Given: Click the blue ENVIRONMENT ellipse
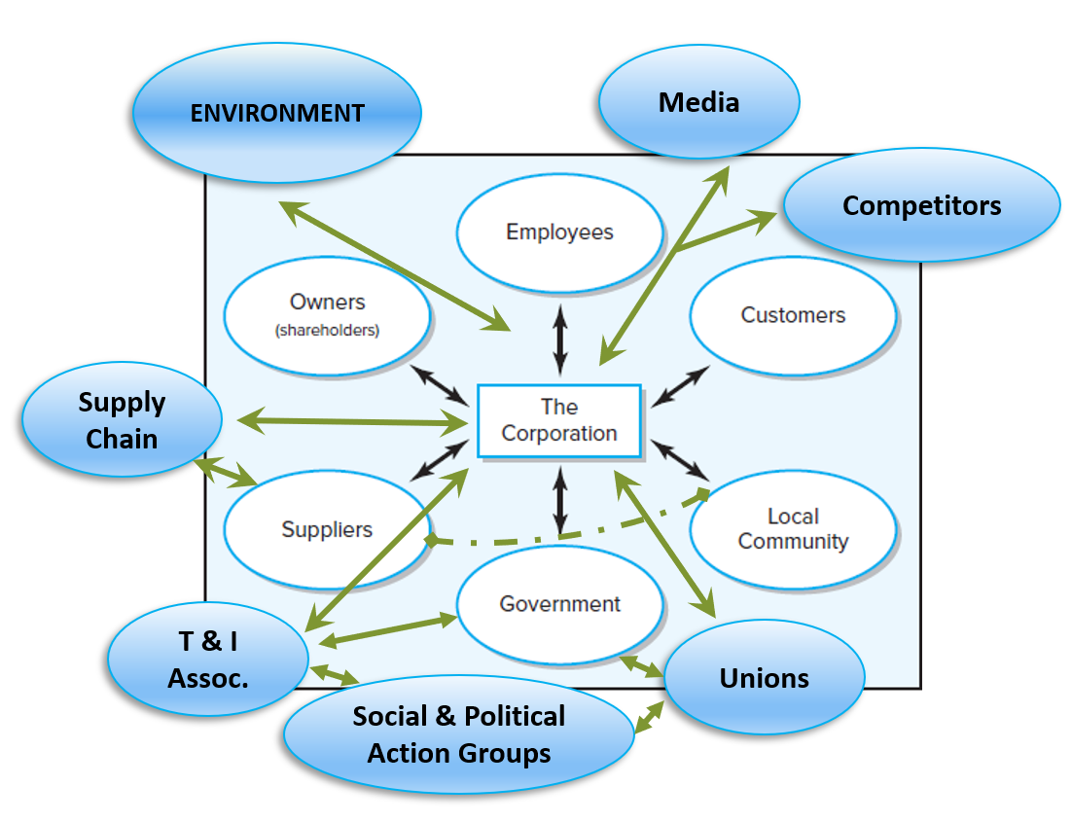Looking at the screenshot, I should tap(277, 113).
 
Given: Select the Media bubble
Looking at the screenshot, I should tap(698, 102).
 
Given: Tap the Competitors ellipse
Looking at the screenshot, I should tap(921, 205).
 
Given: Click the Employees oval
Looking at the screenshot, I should tap(559, 232).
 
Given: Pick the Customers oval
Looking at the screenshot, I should tap(793, 315).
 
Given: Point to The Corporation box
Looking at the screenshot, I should tap(558, 421).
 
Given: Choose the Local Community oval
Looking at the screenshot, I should tap(793, 529).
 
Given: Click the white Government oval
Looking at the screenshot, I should tap(559, 604).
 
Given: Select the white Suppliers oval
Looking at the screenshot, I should tap(327, 530).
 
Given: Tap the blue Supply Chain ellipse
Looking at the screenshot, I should tap(122, 421).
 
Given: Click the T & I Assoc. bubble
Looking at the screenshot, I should tap(207, 660).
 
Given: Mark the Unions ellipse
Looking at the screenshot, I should tap(764, 678).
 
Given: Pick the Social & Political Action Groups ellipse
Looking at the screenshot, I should tap(458, 735).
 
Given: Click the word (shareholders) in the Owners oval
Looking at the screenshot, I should tap(327, 330).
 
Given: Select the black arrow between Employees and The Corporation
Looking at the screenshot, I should tap(559, 340).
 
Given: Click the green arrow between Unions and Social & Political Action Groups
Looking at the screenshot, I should tap(649, 716).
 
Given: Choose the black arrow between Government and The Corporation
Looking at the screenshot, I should tap(559, 499).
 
